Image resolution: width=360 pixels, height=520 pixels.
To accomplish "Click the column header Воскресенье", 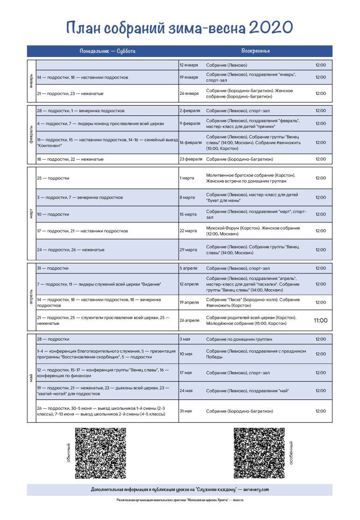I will [256, 51].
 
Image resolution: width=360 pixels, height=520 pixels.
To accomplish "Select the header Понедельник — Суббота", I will [104, 51].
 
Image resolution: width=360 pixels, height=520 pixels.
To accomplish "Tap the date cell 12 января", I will [189, 65].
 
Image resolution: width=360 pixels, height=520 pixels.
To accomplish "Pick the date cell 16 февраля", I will [191, 142].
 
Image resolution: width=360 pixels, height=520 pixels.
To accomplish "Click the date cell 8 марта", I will [187, 198].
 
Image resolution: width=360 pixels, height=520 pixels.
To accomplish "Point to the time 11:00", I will [320, 321].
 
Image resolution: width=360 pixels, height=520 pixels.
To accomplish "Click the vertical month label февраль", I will [31, 135].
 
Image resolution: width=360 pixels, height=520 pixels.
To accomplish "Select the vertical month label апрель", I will [31, 297].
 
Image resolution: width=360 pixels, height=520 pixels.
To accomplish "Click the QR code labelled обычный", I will [101, 453].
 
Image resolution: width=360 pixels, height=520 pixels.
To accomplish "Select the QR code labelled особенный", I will [259, 453].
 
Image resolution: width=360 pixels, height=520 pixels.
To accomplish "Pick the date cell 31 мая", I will [186, 411].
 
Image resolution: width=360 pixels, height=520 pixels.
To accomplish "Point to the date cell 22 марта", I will [188, 231].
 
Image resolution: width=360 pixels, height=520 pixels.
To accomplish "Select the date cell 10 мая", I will [186, 354].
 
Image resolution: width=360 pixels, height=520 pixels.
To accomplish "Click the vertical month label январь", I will [31, 81].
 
